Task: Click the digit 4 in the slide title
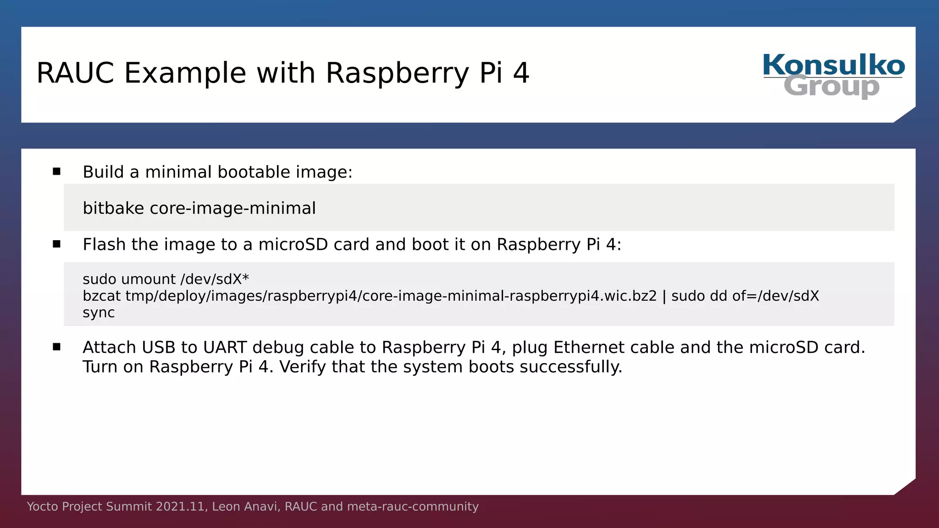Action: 521,73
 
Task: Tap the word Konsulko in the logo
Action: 834,65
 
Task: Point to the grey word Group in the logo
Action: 831,87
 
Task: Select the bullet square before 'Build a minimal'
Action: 56,172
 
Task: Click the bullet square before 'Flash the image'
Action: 56,244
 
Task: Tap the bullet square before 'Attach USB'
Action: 56,347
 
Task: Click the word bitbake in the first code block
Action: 113,209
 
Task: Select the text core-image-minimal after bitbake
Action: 232,209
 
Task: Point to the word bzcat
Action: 101,296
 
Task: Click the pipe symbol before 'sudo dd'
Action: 664,296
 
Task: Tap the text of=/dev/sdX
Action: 775,296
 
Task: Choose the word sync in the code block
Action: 99,313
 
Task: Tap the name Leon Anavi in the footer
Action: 245,506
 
